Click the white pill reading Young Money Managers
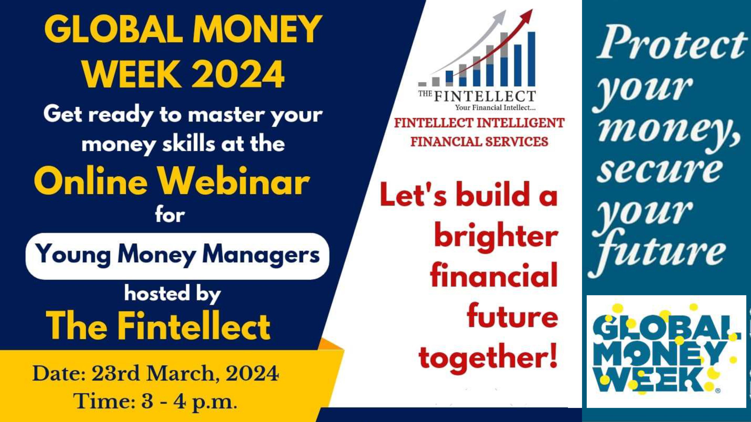coord(177,256)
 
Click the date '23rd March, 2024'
coord(185,374)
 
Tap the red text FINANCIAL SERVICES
coord(479,142)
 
